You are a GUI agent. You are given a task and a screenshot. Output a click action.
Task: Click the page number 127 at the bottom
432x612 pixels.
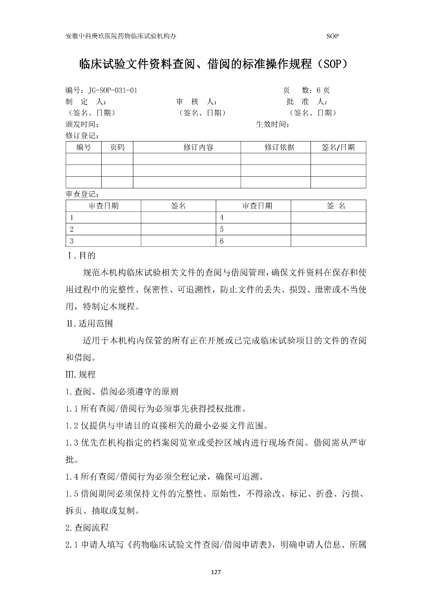tap(216, 572)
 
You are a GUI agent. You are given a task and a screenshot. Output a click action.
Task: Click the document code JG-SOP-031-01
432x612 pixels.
tap(113, 90)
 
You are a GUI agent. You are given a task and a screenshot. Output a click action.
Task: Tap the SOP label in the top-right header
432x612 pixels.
tap(332, 36)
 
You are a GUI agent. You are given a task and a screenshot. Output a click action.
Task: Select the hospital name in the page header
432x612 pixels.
tap(121, 36)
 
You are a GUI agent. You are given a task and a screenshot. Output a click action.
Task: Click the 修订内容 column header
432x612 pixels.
tap(198, 147)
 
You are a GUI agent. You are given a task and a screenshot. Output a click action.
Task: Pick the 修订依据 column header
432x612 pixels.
tap(279, 147)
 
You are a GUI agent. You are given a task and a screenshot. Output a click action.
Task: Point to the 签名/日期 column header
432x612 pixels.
tap(338, 147)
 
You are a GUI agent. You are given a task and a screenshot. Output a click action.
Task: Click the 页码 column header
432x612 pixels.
tap(117, 147)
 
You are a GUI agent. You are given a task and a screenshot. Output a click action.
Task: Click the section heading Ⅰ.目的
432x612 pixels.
tap(81, 255)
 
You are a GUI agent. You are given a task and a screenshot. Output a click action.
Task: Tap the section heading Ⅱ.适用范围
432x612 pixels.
tap(89, 324)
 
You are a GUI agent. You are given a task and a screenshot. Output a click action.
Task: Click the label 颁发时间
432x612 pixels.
tap(83, 124)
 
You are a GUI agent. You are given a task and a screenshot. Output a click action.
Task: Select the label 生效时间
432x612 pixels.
tap(272, 124)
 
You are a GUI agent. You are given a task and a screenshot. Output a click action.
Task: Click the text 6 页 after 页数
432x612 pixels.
tap(323, 90)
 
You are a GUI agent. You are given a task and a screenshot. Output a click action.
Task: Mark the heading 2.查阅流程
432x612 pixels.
tap(87, 527)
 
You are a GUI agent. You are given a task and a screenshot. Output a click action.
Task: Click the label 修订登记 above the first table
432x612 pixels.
tap(83, 136)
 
